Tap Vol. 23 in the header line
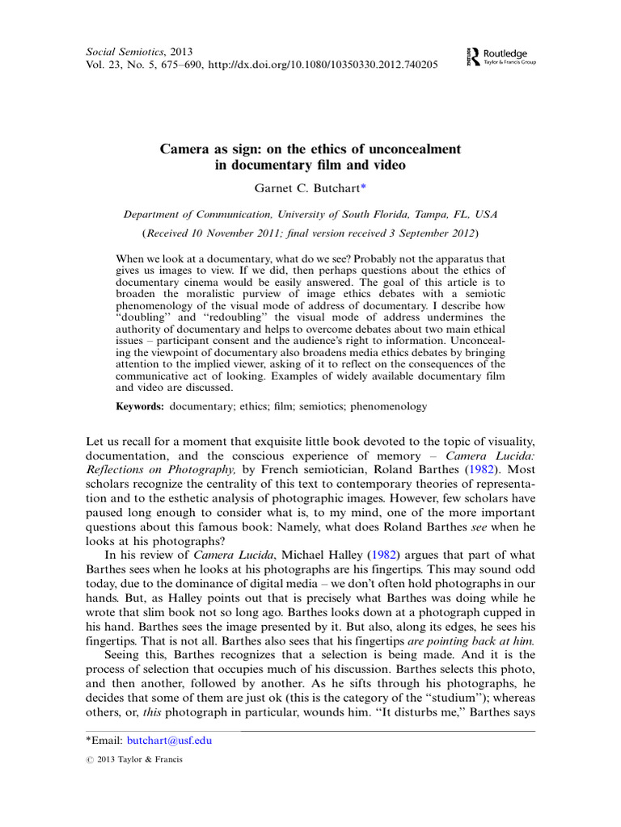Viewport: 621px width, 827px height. tap(103, 65)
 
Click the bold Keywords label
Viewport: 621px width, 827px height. tap(140, 407)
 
